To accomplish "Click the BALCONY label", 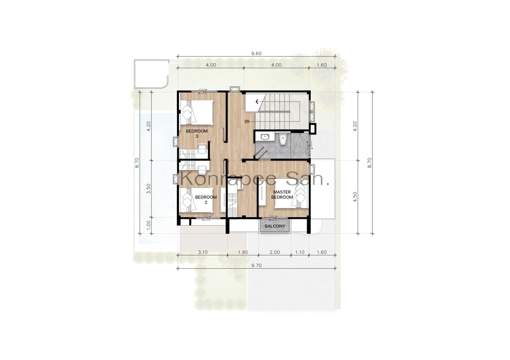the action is [275, 226].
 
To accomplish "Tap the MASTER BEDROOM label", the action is [282, 194].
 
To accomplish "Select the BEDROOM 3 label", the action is [197, 134].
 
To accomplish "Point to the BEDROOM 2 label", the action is [206, 200].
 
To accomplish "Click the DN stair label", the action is [247, 121].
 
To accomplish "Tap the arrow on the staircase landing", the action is [257, 102].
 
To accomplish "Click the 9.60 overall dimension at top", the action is [256, 54].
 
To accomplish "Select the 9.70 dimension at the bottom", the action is [256, 265].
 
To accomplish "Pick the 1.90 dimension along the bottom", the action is [243, 252].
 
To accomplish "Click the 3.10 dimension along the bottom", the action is [202, 252].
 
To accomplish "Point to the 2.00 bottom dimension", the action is [275, 252].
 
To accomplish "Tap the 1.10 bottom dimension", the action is [300, 252].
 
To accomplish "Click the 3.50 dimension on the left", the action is [149, 188].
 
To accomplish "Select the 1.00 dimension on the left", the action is [149, 225].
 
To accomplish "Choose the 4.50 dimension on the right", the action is [355, 197].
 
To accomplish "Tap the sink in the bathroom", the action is [266, 137].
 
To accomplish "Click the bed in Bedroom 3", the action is [197, 112].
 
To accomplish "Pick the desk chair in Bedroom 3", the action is [202, 149].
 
